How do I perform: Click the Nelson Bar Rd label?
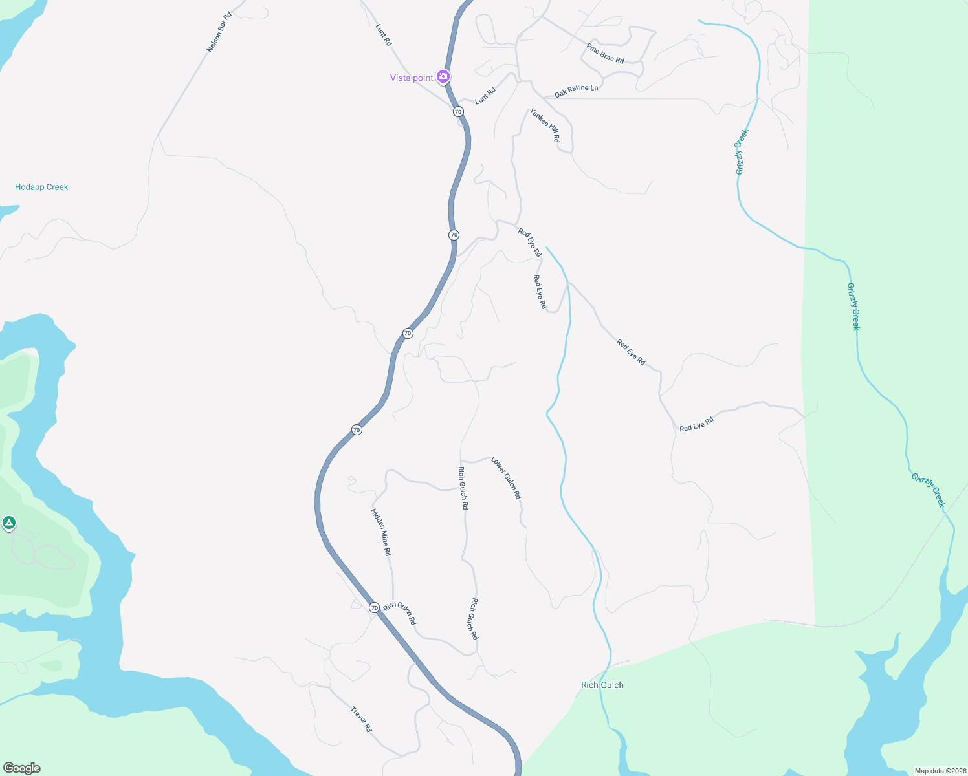(219, 32)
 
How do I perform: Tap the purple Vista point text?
(412, 78)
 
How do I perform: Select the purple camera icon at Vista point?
(443, 77)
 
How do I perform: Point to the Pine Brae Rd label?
(605, 54)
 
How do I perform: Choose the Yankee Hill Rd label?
(545, 125)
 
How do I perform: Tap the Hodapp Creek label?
(41, 187)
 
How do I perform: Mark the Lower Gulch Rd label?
(505, 477)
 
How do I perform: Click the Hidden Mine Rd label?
(380, 532)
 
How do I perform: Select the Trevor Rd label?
(361, 718)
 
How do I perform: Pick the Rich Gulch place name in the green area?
(602, 685)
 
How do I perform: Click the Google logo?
(22, 768)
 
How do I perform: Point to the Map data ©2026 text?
(939, 770)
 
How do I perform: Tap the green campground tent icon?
(9, 523)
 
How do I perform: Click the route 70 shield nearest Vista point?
(458, 112)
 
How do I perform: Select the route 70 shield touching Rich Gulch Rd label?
(374, 608)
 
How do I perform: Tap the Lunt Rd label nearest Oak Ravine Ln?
(485, 96)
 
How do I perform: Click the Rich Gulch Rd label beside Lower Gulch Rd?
(463, 488)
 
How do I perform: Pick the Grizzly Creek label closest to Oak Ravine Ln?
(742, 151)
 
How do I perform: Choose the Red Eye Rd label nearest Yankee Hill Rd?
(529, 242)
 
